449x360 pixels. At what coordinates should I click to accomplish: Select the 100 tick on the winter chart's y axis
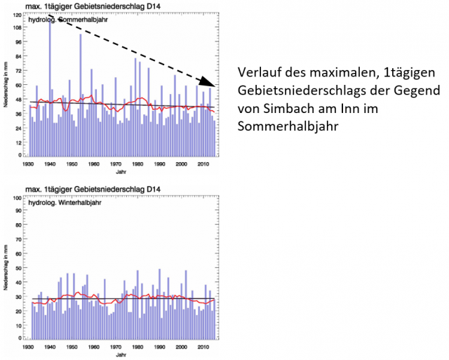point(16,199)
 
